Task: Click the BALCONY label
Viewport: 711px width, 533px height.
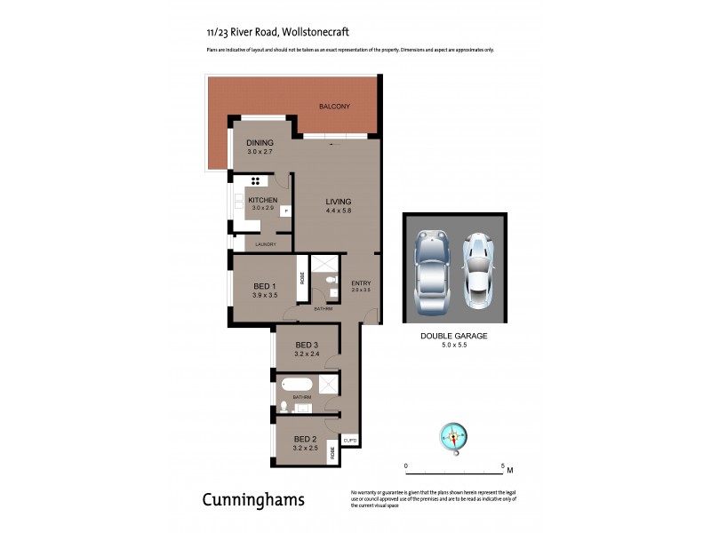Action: click(334, 107)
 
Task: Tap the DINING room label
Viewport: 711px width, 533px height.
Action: click(260, 142)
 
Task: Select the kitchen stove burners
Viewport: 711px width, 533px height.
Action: click(254, 180)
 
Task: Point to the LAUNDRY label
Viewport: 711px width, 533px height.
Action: click(266, 244)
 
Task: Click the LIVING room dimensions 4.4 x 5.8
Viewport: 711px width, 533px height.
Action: click(339, 210)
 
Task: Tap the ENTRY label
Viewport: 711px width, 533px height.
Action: click(361, 283)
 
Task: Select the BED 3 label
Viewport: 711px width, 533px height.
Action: click(307, 345)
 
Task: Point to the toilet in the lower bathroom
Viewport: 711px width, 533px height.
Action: click(284, 407)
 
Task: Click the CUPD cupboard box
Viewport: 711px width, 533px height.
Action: click(351, 441)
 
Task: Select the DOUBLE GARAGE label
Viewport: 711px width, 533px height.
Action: click(454, 337)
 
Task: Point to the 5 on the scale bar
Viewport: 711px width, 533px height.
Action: click(503, 465)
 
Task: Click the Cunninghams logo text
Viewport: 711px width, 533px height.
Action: click(254, 500)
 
